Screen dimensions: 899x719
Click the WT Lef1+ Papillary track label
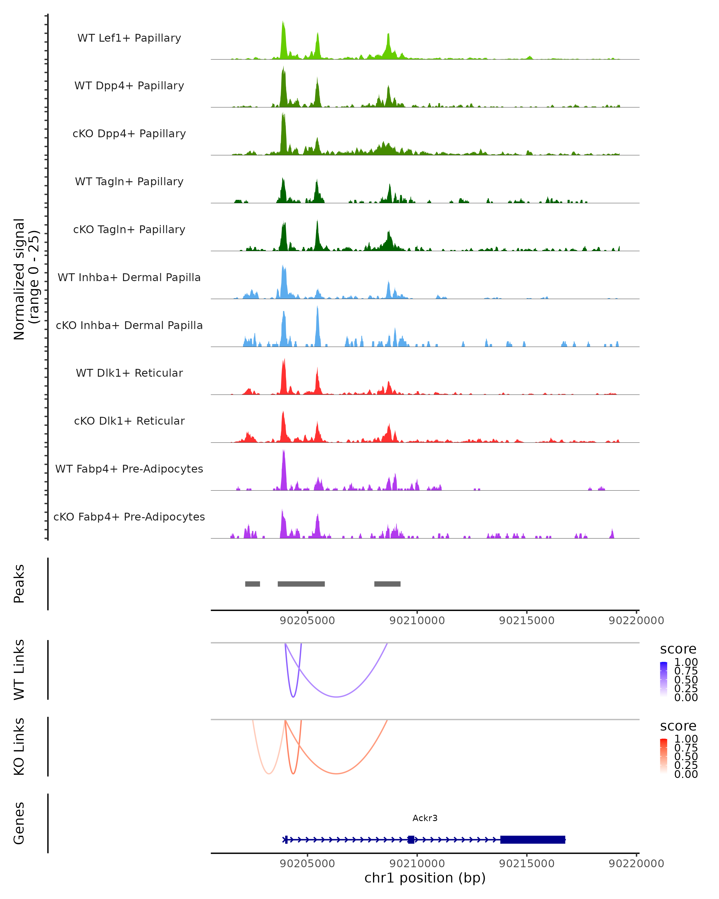click(x=129, y=38)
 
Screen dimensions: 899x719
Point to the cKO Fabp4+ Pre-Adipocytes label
click(x=129, y=517)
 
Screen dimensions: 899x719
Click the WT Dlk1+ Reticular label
click(x=129, y=373)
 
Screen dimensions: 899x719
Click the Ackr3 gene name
click(x=425, y=818)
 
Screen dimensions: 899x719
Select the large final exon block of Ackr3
click(x=532, y=839)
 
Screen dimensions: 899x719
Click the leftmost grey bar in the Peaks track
click(x=252, y=584)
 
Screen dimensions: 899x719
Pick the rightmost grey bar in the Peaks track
click(x=387, y=584)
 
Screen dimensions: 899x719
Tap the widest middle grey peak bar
click(x=301, y=584)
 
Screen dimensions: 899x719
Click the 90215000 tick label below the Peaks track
click(x=526, y=621)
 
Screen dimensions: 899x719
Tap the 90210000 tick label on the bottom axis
click(x=417, y=864)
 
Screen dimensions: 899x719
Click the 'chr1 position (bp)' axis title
click(x=425, y=878)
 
